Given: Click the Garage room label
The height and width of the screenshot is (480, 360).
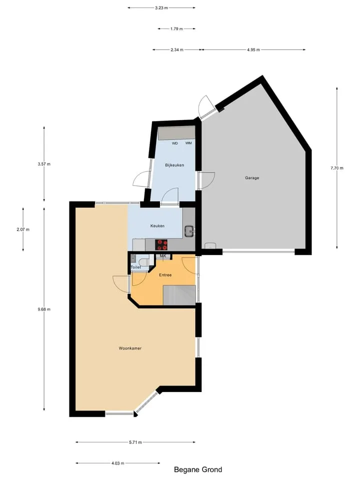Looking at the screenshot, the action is [x=252, y=178].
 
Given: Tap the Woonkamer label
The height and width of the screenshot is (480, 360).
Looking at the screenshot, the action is [x=130, y=348].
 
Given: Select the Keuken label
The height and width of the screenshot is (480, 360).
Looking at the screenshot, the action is [x=157, y=226].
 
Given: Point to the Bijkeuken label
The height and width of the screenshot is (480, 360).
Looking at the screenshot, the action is [x=174, y=165].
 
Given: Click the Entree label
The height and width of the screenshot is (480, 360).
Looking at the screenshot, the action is [x=165, y=275].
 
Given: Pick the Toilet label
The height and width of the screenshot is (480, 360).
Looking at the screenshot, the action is [x=136, y=267].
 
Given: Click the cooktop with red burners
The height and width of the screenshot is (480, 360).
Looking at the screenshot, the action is [x=161, y=245].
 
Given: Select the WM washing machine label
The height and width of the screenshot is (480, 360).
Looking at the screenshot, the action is [x=188, y=143].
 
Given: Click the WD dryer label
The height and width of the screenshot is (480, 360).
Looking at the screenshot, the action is [x=175, y=143].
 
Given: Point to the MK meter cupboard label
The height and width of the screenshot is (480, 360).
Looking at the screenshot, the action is [x=163, y=256].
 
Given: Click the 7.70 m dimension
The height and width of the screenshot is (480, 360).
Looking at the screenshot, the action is [x=337, y=168].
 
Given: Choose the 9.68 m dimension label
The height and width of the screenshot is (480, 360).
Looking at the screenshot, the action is [x=44, y=309].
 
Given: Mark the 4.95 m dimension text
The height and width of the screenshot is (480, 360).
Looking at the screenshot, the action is [x=253, y=49].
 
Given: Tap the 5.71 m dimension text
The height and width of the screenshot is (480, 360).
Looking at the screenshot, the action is [x=135, y=442].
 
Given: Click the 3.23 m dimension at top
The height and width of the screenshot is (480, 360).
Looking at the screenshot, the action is [x=161, y=8].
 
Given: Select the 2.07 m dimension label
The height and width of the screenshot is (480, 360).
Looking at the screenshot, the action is [x=23, y=229].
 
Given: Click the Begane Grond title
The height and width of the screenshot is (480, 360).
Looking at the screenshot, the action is [x=198, y=469].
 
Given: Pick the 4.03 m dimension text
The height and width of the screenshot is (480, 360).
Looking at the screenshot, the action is [x=118, y=463].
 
